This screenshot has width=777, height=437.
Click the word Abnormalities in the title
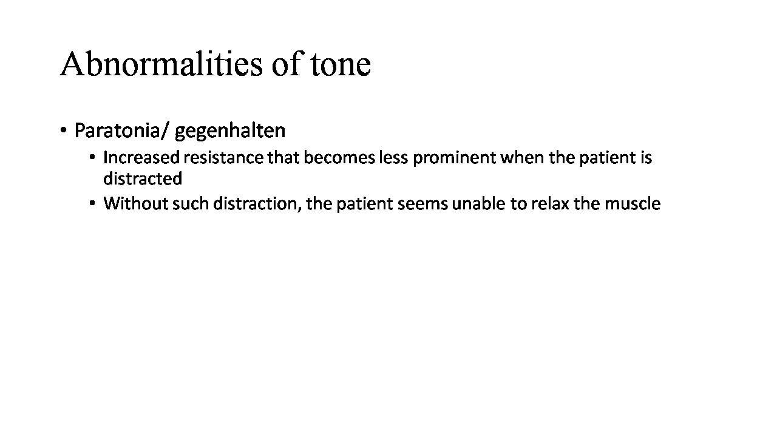point(161,64)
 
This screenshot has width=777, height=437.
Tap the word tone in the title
point(341,65)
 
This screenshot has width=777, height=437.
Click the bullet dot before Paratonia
point(63,130)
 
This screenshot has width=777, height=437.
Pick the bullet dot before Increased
point(92,157)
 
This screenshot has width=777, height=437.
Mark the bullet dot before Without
point(92,203)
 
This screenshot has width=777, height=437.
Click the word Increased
point(141,158)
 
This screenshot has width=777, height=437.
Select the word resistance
point(223,158)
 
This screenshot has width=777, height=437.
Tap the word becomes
point(339,158)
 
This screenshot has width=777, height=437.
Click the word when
point(523,158)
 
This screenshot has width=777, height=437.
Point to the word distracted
point(143,179)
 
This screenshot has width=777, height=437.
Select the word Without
point(135,203)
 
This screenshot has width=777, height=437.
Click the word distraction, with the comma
point(257,204)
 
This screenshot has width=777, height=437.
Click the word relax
point(551,203)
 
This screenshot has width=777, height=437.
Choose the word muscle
point(633,203)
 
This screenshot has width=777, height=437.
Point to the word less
point(393,158)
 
